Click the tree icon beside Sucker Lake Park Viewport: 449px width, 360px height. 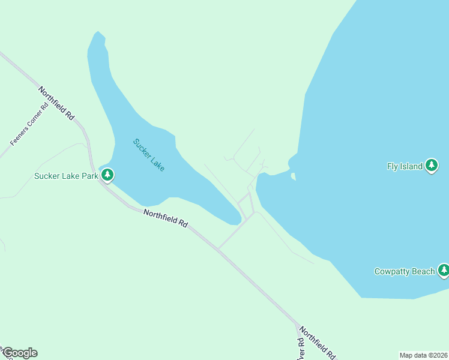(107, 175)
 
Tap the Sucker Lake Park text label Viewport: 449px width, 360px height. (65, 176)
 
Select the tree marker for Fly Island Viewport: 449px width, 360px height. (432, 166)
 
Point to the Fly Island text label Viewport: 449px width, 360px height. (405, 167)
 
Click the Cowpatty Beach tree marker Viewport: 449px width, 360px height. (444, 271)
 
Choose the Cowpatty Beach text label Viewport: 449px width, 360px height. (404, 272)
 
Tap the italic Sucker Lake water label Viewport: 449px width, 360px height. (148, 155)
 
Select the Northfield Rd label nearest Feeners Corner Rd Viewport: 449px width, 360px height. (56, 103)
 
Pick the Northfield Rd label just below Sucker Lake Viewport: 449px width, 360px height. (165, 218)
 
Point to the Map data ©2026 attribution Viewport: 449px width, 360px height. (423, 355)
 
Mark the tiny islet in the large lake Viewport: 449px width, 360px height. (293, 176)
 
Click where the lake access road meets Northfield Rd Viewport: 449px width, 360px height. (218, 248)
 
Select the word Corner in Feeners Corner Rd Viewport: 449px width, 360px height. (30, 124)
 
